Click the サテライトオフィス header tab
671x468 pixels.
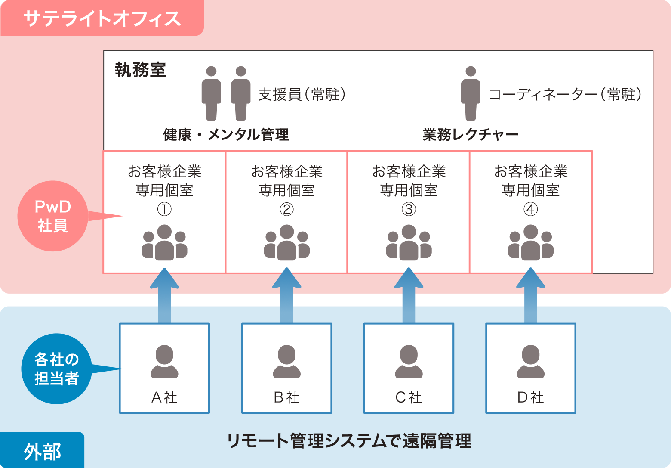[x=102, y=19]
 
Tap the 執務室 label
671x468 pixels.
[x=140, y=70]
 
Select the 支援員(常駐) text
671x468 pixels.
[x=302, y=94]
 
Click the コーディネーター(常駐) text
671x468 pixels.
[x=565, y=94]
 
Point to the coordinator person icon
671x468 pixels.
[x=471, y=93]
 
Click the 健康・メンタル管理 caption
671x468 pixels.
[x=226, y=135]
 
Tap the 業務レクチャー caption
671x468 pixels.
[x=470, y=135]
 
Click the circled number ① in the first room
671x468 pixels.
[x=164, y=209]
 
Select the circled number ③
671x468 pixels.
[x=409, y=209]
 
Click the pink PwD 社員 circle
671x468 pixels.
[x=52, y=217]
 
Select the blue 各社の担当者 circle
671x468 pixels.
[x=56, y=369]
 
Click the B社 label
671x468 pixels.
[x=286, y=397]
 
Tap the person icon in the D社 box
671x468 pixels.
[x=530, y=362]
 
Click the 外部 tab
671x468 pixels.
[x=42, y=451]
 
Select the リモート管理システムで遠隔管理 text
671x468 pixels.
[x=349, y=441]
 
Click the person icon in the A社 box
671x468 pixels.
[x=164, y=362]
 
